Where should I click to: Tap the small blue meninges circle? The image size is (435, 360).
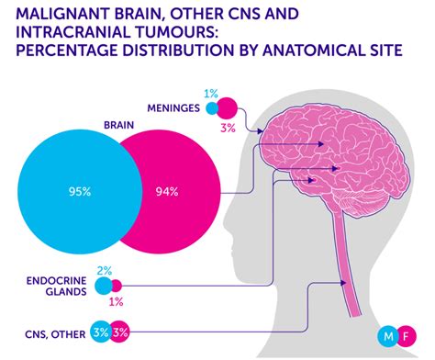[213, 108]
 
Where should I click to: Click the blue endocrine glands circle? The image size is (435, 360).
[104, 286]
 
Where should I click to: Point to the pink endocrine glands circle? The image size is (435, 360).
[117, 286]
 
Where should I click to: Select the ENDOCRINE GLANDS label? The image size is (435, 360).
[55, 285]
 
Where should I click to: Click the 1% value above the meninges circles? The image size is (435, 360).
[211, 94]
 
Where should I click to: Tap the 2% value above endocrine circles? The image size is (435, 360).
[103, 270]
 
